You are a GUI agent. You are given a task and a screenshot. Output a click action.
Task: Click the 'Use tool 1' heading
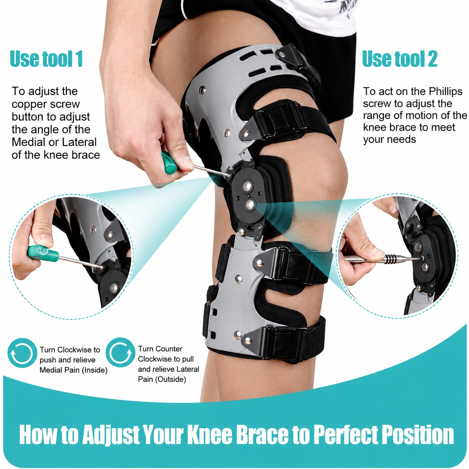[x=46, y=59]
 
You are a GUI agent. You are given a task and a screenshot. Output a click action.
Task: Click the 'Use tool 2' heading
[x=399, y=59]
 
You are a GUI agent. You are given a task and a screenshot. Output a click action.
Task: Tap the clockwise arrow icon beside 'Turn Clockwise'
[x=22, y=353]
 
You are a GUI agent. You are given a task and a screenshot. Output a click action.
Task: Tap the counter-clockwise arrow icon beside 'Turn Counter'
[x=120, y=352]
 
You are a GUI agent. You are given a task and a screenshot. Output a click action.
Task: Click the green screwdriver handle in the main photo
[x=169, y=163]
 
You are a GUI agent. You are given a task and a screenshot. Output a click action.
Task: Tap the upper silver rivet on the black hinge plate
[x=247, y=186]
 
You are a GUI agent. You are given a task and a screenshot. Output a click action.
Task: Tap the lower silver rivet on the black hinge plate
[x=250, y=204]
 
